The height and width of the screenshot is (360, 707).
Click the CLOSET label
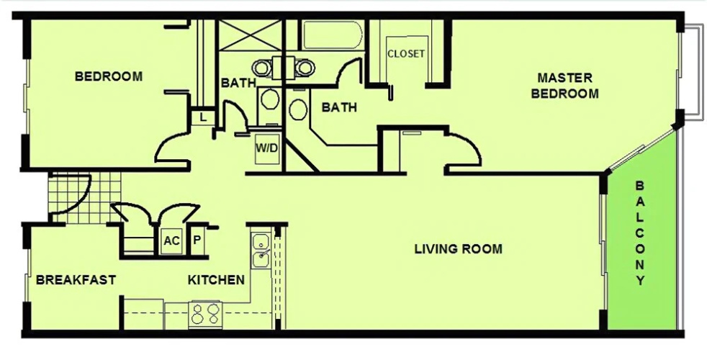point(406,54)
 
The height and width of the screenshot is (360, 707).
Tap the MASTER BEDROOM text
point(564,86)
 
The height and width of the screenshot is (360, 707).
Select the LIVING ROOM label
point(458,248)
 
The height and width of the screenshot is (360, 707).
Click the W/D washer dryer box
point(267,148)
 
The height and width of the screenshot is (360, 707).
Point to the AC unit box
point(171,240)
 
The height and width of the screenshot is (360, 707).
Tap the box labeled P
point(197,240)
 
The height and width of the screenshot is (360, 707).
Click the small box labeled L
point(203,118)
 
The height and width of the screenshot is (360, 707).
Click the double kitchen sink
point(261,251)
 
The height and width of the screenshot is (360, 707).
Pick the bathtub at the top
point(333,35)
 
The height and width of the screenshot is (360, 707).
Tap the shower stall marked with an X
point(250,35)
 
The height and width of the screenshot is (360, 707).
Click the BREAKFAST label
point(76,279)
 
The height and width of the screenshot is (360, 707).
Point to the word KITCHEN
point(216,279)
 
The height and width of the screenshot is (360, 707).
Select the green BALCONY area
point(642,239)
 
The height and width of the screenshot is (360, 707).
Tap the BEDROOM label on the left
point(109,76)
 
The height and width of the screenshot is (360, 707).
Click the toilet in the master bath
point(297,107)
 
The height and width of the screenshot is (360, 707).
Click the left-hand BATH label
point(238,83)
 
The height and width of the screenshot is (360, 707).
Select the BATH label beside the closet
point(339,107)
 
